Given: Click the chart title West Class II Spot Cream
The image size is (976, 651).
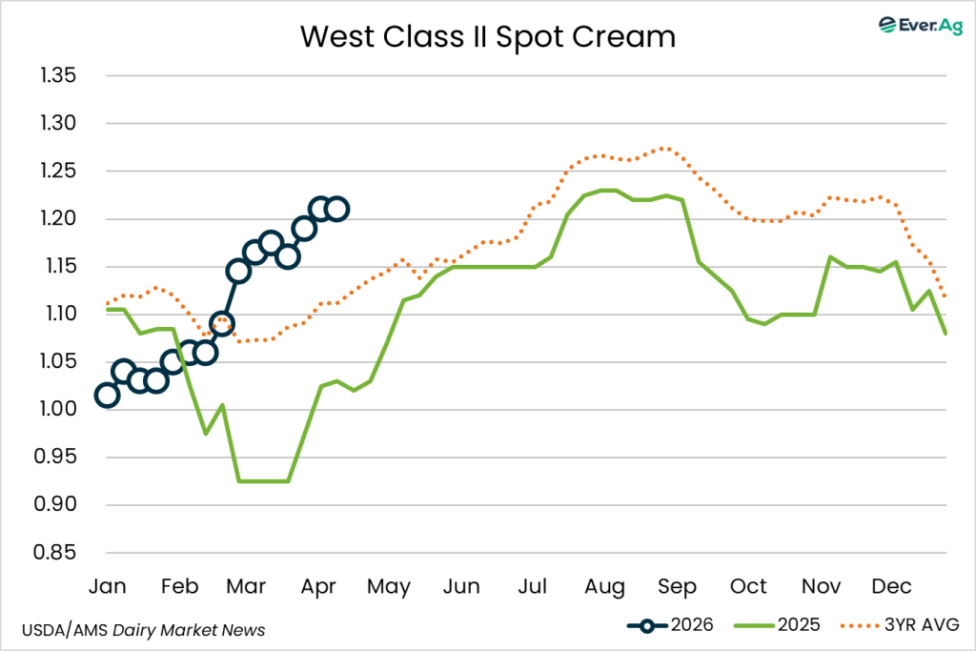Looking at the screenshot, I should (488, 36).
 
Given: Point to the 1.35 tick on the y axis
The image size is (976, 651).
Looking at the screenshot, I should (60, 75).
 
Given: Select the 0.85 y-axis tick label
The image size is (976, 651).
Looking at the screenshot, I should (60, 552).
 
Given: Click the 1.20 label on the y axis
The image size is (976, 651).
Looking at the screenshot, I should (60, 218).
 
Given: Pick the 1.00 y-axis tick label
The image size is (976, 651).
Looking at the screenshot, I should (60, 409).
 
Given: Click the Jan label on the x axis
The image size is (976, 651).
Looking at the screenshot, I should (107, 585).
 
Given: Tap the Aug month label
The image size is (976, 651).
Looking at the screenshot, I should (604, 585).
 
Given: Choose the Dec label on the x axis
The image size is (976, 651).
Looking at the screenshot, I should (891, 585).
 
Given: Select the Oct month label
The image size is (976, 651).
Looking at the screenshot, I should (749, 585).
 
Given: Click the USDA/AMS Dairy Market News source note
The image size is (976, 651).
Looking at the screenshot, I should (143, 630).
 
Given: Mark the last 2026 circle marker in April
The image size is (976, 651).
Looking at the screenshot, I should (336, 209).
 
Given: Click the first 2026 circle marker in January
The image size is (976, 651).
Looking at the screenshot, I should (107, 395).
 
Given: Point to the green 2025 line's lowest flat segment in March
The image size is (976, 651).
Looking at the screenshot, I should (263, 481).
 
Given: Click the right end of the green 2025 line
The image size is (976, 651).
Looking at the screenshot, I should (945, 333).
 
